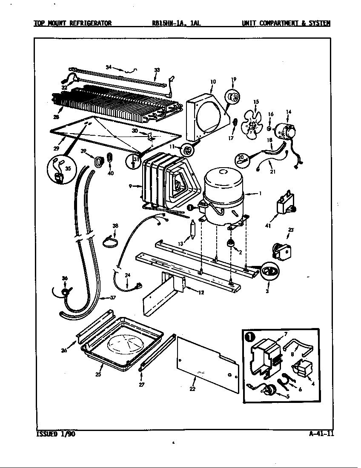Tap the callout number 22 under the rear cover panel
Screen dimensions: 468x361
[193, 388]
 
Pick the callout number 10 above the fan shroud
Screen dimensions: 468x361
[213, 82]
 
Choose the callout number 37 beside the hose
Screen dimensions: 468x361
[112, 297]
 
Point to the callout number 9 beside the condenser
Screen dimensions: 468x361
[129, 185]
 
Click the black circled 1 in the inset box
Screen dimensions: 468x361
[249, 337]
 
